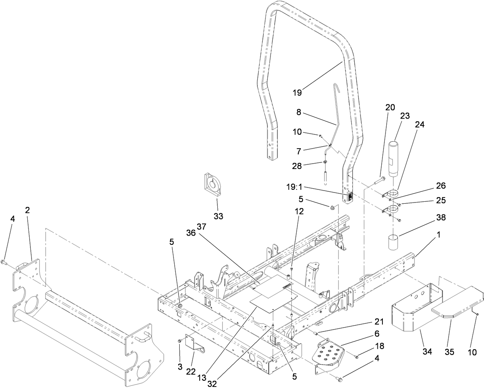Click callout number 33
coord(218,216)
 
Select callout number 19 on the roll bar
coord(297,92)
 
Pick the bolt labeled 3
coord(180,341)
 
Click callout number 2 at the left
coord(27,210)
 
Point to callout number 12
coord(299,211)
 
